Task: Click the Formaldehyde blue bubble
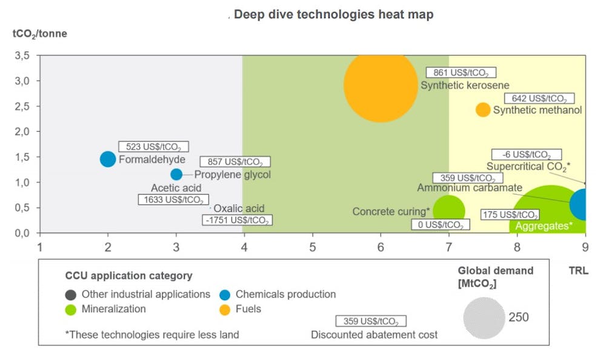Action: point(108,159)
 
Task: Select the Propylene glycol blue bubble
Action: point(176,175)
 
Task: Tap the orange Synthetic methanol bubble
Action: point(482,110)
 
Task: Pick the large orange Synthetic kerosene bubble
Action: point(380,85)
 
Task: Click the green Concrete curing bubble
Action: point(448,210)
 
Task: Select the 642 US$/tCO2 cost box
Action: point(539,98)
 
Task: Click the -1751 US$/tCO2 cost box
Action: point(237,220)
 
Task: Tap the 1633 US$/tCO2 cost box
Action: point(173,199)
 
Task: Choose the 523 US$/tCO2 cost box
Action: point(153,147)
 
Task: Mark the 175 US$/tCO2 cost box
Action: point(510,215)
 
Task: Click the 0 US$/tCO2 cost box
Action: point(440,225)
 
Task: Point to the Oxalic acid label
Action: point(239,208)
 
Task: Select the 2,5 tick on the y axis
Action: point(22,106)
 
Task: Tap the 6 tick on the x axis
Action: point(381,247)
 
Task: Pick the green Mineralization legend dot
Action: point(72,308)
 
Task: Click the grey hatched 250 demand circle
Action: point(484,317)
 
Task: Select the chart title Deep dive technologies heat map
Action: point(333,15)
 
